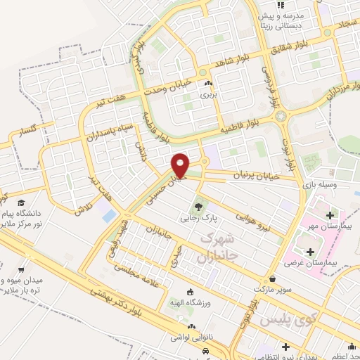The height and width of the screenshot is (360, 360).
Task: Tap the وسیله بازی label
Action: [316, 184]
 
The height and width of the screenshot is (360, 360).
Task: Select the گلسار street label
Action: [28, 131]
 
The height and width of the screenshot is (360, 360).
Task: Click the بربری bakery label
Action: [207, 93]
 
